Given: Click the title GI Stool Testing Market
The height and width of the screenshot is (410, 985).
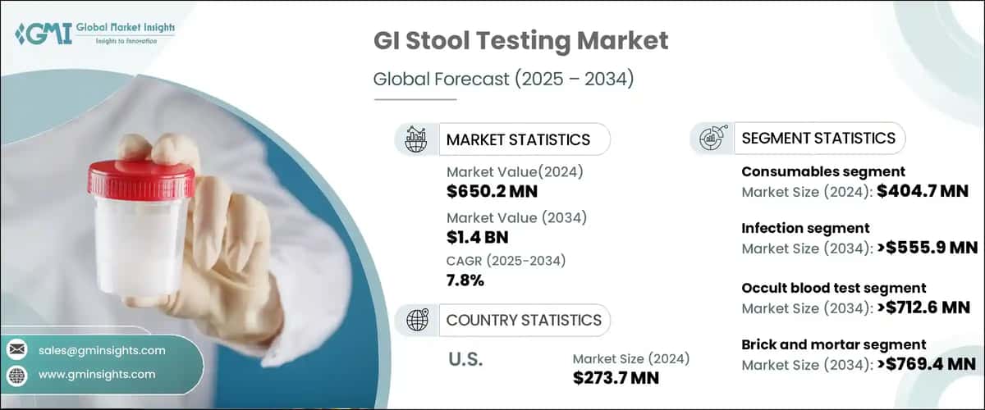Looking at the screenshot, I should [520, 41].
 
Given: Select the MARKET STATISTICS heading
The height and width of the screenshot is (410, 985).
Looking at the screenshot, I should [517, 139].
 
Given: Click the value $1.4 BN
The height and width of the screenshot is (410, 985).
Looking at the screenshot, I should [477, 238].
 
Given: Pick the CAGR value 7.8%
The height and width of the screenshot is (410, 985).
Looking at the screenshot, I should [465, 280].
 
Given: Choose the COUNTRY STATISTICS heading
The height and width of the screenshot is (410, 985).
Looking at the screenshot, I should [523, 320].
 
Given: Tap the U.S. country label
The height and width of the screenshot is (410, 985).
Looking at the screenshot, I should [466, 359].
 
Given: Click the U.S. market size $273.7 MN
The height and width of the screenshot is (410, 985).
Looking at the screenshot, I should [616, 378].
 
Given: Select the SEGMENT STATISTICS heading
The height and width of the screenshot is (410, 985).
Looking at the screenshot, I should [818, 138].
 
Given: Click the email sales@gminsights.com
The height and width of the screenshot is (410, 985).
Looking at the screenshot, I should [102, 350].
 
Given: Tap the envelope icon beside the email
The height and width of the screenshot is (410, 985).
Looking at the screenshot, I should [16, 350].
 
